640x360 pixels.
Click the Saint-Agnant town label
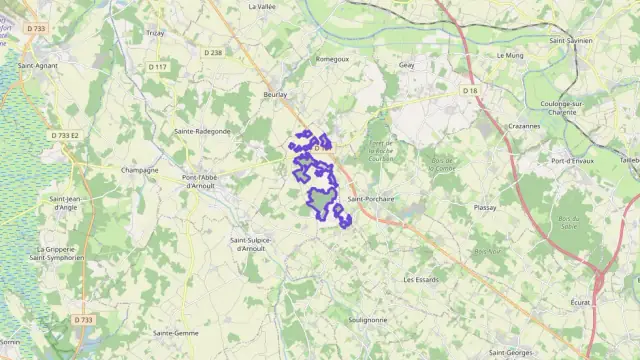[36, 65]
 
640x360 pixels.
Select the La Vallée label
[262, 6]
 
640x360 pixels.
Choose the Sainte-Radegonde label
[202, 131]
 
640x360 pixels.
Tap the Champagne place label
[139, 170]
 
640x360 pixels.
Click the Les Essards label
[421, 280]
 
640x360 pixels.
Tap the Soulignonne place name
[367, 320]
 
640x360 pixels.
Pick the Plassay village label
[486, 208]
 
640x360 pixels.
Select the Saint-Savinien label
[571, 41]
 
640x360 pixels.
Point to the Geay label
[406, 65]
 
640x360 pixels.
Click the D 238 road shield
[213, 52]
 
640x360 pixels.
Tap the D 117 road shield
[158, 67]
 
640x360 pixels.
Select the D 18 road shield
[470, 90]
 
